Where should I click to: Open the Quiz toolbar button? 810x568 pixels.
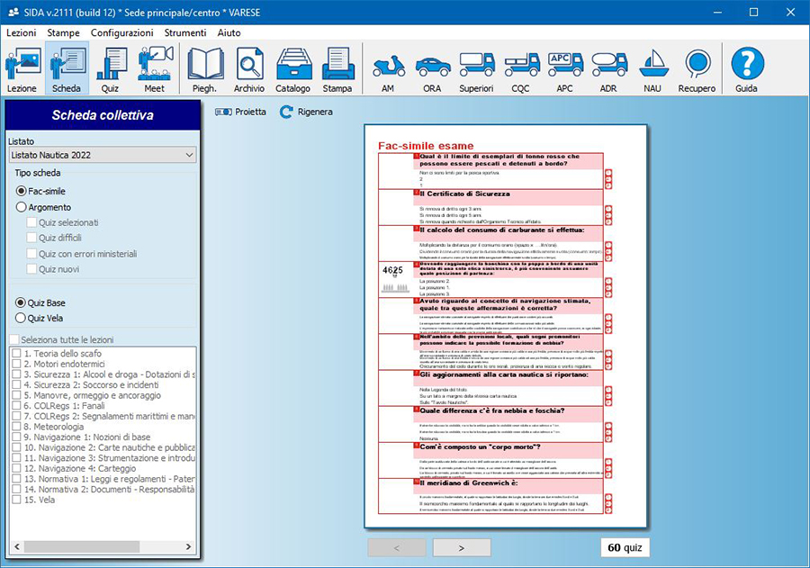(110, 69)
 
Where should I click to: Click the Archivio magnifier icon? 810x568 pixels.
(249, 65)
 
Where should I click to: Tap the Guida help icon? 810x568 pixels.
(746, 65)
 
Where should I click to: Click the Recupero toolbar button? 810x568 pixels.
(697, 69)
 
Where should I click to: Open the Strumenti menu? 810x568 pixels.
(185, 32)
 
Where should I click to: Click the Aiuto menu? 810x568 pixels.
(229, 32)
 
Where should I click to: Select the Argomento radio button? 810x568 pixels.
(22, 207)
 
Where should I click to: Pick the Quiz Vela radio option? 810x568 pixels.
(22, 317)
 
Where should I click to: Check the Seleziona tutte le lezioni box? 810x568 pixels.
(13, 339)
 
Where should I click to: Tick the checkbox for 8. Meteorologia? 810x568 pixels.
(16, 427)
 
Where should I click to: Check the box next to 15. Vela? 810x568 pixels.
(16, 500)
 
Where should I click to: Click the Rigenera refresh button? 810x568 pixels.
(306, 112)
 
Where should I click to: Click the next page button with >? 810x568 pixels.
(462, 547)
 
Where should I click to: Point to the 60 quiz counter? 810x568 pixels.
(625, 547)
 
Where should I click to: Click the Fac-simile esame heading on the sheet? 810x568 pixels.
(426, 145)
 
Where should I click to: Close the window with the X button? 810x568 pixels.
(787, 12)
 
